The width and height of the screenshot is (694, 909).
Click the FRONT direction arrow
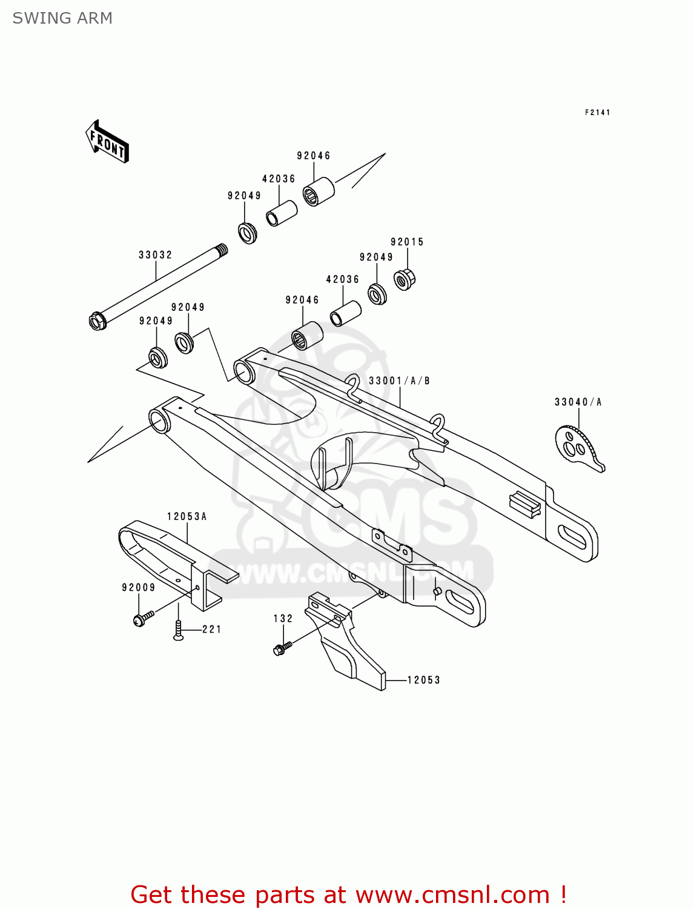tap(107, 141)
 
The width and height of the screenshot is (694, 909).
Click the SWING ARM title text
tap(62, 18)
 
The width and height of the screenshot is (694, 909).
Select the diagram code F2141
tap(597, 112)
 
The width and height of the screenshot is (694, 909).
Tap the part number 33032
tap(156, 255)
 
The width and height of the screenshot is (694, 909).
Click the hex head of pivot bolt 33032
tap(97, 321)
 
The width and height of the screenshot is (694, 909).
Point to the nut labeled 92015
tap(404, 279)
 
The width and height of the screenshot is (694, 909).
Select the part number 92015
tap(407, 242)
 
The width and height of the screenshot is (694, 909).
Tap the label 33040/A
tap(578, 402)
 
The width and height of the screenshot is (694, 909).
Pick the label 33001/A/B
tap(399, 381)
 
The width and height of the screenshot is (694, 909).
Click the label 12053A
tap(187, 516)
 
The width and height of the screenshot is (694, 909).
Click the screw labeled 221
tap(178, 631)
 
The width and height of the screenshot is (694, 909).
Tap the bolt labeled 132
tap(282, 648)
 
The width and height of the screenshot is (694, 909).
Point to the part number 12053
tap(423, 680)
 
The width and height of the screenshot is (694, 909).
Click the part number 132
tap(283, 619)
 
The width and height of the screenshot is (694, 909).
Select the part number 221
tap(212, 630)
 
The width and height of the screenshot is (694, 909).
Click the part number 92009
tap(139, 587)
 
